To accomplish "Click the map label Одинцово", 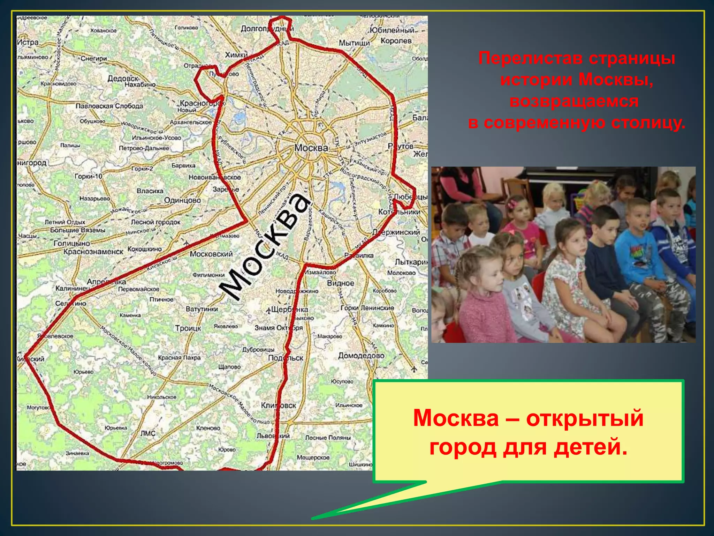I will (182, 200).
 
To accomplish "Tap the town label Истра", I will (28, 43).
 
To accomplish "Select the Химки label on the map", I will (236, 55).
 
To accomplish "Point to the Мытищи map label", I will (354, 43).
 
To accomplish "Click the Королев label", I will (396, 41).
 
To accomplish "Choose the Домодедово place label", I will (361, 356).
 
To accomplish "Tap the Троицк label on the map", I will (188, 328).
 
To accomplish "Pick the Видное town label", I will (340, 283).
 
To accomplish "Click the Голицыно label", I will (71, 243).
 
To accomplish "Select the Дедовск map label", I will (123, 78).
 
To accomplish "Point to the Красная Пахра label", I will (179, 358).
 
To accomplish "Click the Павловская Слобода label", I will (109, 106).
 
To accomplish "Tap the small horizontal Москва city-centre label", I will (311, 148).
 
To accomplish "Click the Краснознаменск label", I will (93, 252).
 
